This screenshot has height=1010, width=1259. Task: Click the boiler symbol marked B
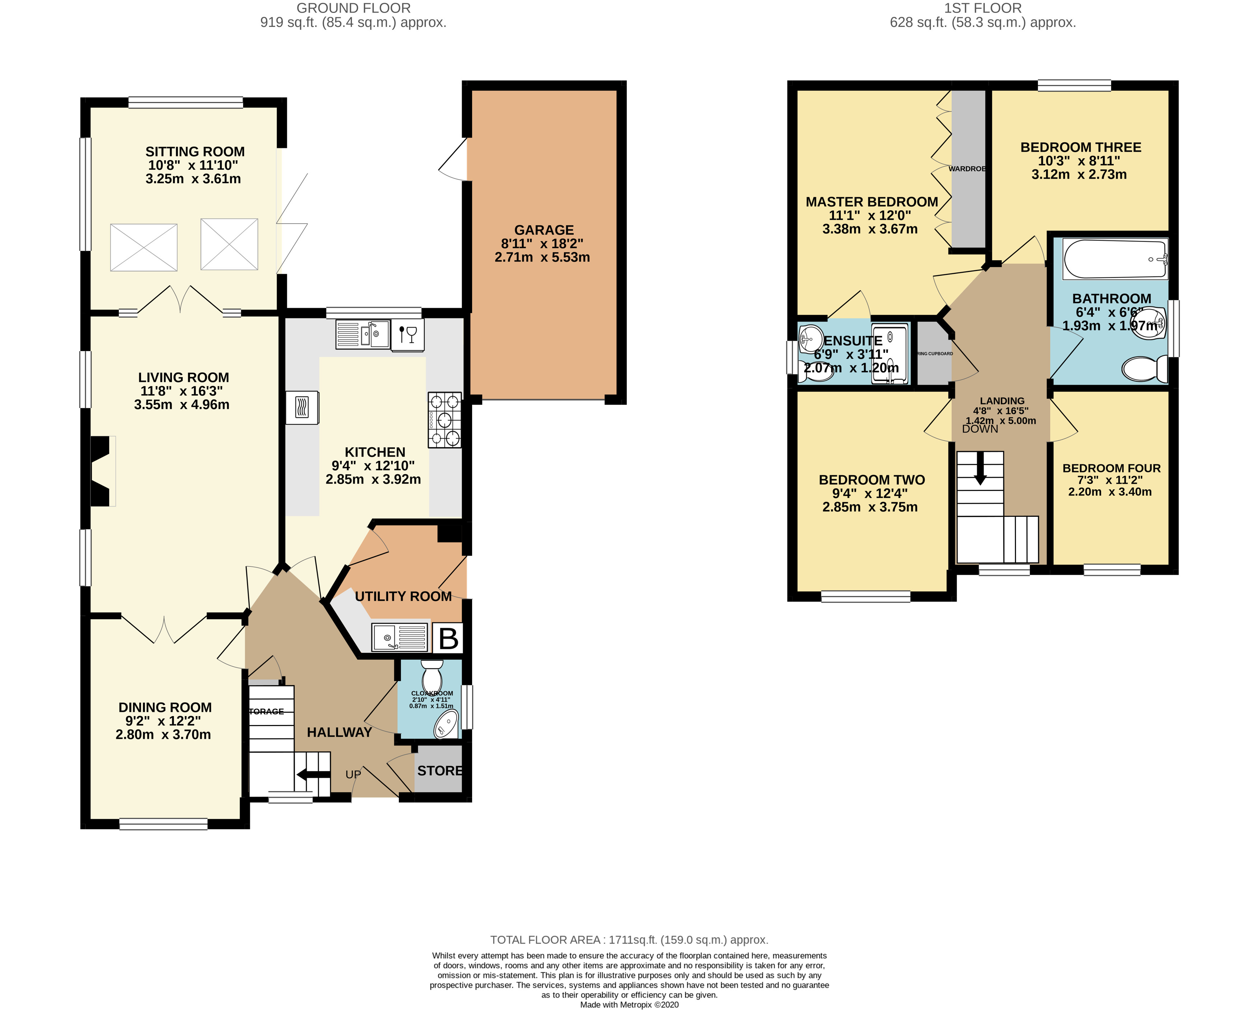click(448, 638)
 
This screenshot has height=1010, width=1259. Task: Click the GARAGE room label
click(544, 230)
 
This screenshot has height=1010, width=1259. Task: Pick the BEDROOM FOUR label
click(1111, 468)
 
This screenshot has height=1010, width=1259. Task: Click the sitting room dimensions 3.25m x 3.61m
click(193, 179)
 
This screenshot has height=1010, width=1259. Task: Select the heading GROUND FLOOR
click(353, 8)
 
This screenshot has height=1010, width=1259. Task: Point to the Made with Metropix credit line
click(629, 1005)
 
